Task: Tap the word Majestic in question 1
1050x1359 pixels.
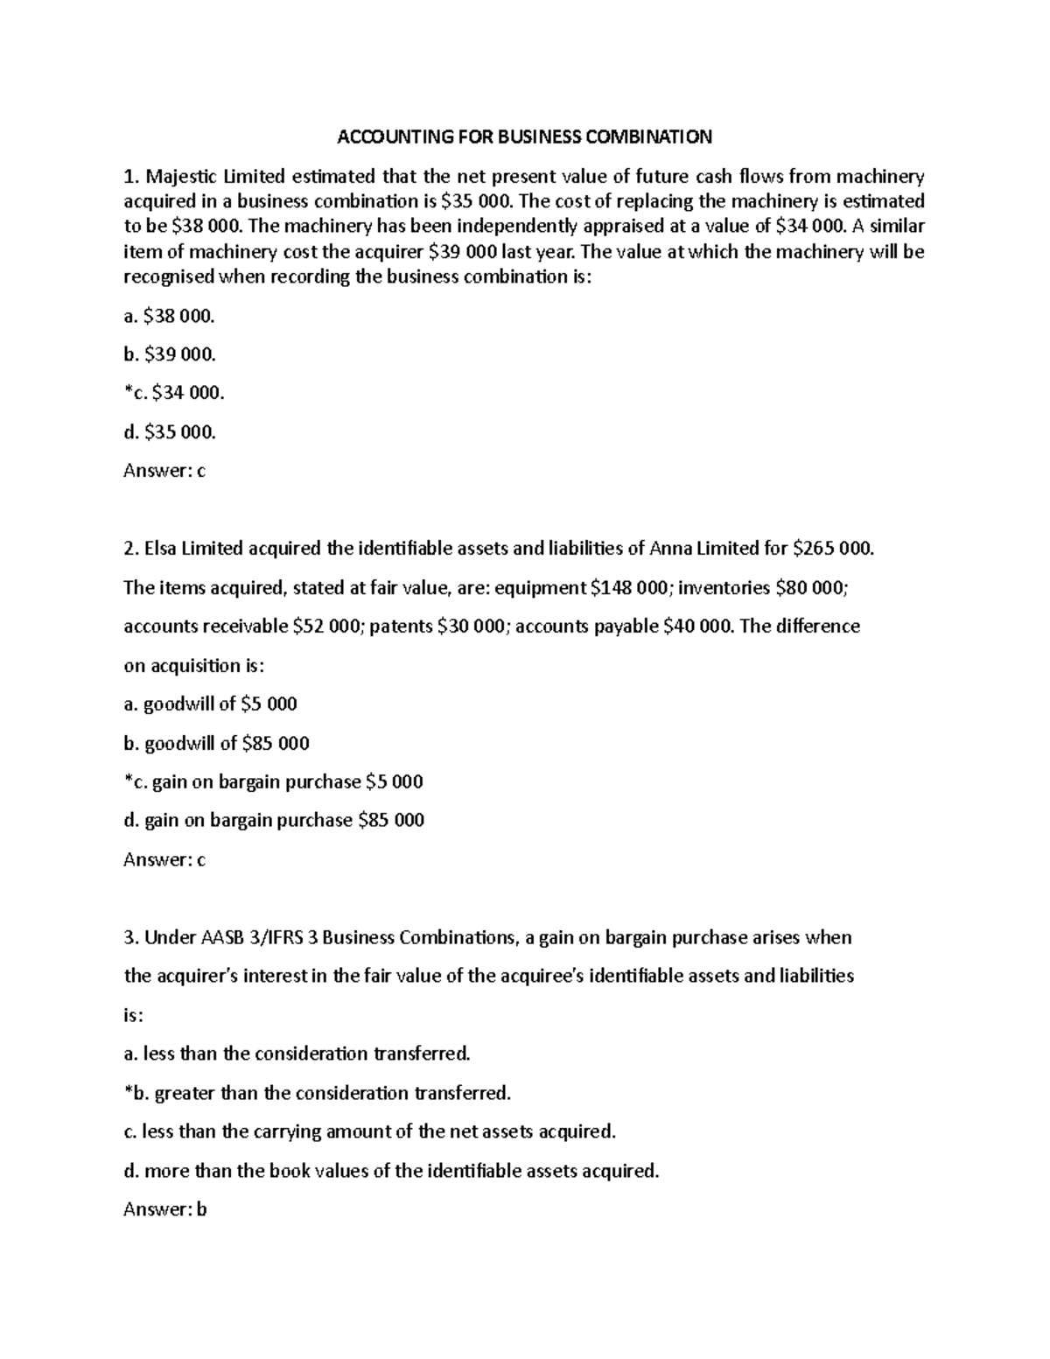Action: click(x=180, y=176)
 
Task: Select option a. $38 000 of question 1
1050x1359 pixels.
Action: click(x=169, y=316)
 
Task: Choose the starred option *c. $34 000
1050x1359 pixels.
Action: click(x=174, y=393)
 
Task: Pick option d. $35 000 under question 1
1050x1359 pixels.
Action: click(x=170, y=431)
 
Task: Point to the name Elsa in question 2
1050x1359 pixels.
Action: click(x=161, y=549)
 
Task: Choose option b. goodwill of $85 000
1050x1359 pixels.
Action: click(x=217, y=743)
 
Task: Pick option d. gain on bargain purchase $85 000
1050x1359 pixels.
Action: click(x=274, y=820)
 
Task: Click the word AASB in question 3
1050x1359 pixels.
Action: click(x=224, y=937)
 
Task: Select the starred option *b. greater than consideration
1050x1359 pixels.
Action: click(x=317, y=1093)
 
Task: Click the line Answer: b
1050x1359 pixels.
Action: click(x=164, y=1209)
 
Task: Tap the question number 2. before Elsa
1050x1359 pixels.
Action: click(x=131, y=549)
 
